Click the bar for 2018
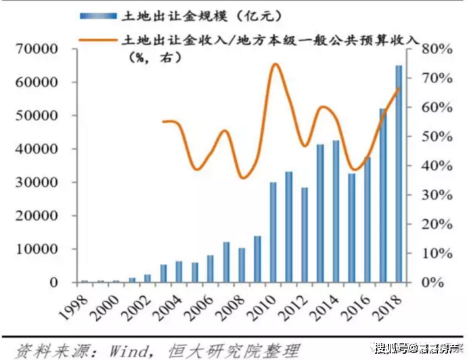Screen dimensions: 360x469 399,173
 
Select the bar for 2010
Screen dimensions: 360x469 273,232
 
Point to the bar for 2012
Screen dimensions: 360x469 305,235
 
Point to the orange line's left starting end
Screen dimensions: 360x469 163,122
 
